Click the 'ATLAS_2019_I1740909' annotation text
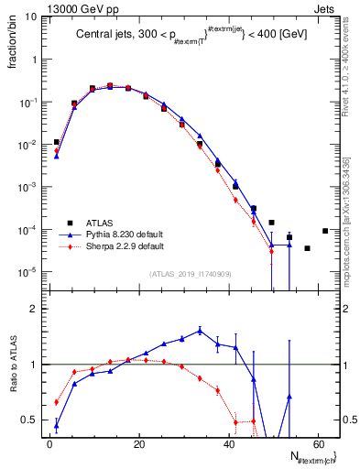(191, 274)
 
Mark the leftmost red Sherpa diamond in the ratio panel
(57, 402)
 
